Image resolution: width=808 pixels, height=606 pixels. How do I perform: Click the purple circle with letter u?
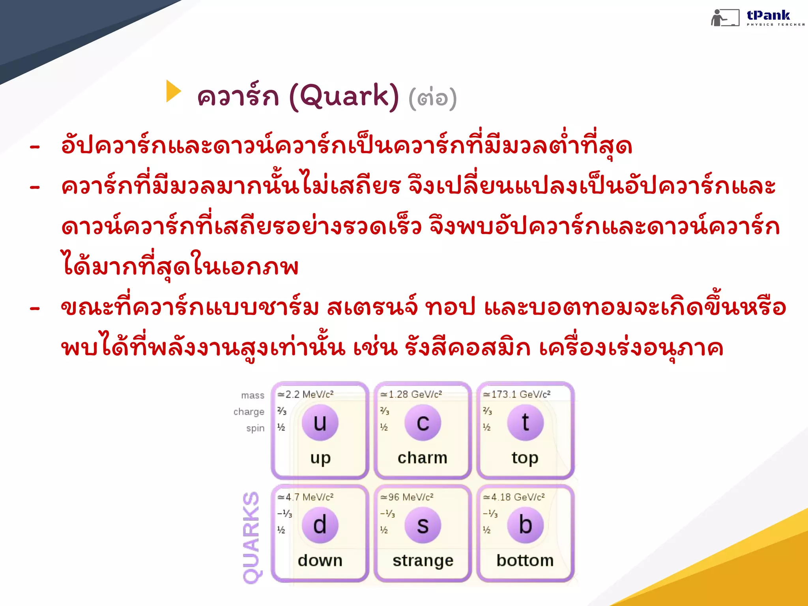(x=320, y=423)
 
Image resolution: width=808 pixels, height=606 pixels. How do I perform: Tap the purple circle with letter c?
(x=423, y=423)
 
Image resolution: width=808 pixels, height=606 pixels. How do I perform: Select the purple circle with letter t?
(x=525, y=423)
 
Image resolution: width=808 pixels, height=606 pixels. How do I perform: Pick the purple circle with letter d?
(x=320, y=525)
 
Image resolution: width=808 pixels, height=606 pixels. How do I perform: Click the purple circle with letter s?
(x=423, y=525)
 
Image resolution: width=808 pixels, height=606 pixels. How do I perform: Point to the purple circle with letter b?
(x=525, y=525)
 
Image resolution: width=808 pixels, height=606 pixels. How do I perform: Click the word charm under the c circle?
(x=423, y=458)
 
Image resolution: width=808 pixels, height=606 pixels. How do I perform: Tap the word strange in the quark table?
(x=423, y=561)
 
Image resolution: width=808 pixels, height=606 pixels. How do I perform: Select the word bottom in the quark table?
(x=525, y=561)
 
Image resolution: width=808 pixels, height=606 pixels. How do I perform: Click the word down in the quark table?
(x=320, y=561)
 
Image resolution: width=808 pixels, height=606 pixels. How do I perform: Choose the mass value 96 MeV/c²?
(x=407, y=497)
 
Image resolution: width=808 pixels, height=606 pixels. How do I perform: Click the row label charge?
(x=249, y=412)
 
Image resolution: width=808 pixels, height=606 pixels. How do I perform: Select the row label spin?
(x=255, y=428)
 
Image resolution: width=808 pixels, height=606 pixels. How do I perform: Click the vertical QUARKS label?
(x=251, y=537)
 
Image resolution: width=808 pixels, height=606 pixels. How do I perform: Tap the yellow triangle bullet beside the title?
(x=173, y=91)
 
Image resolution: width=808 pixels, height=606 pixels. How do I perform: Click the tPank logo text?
(x=768, y=15)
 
